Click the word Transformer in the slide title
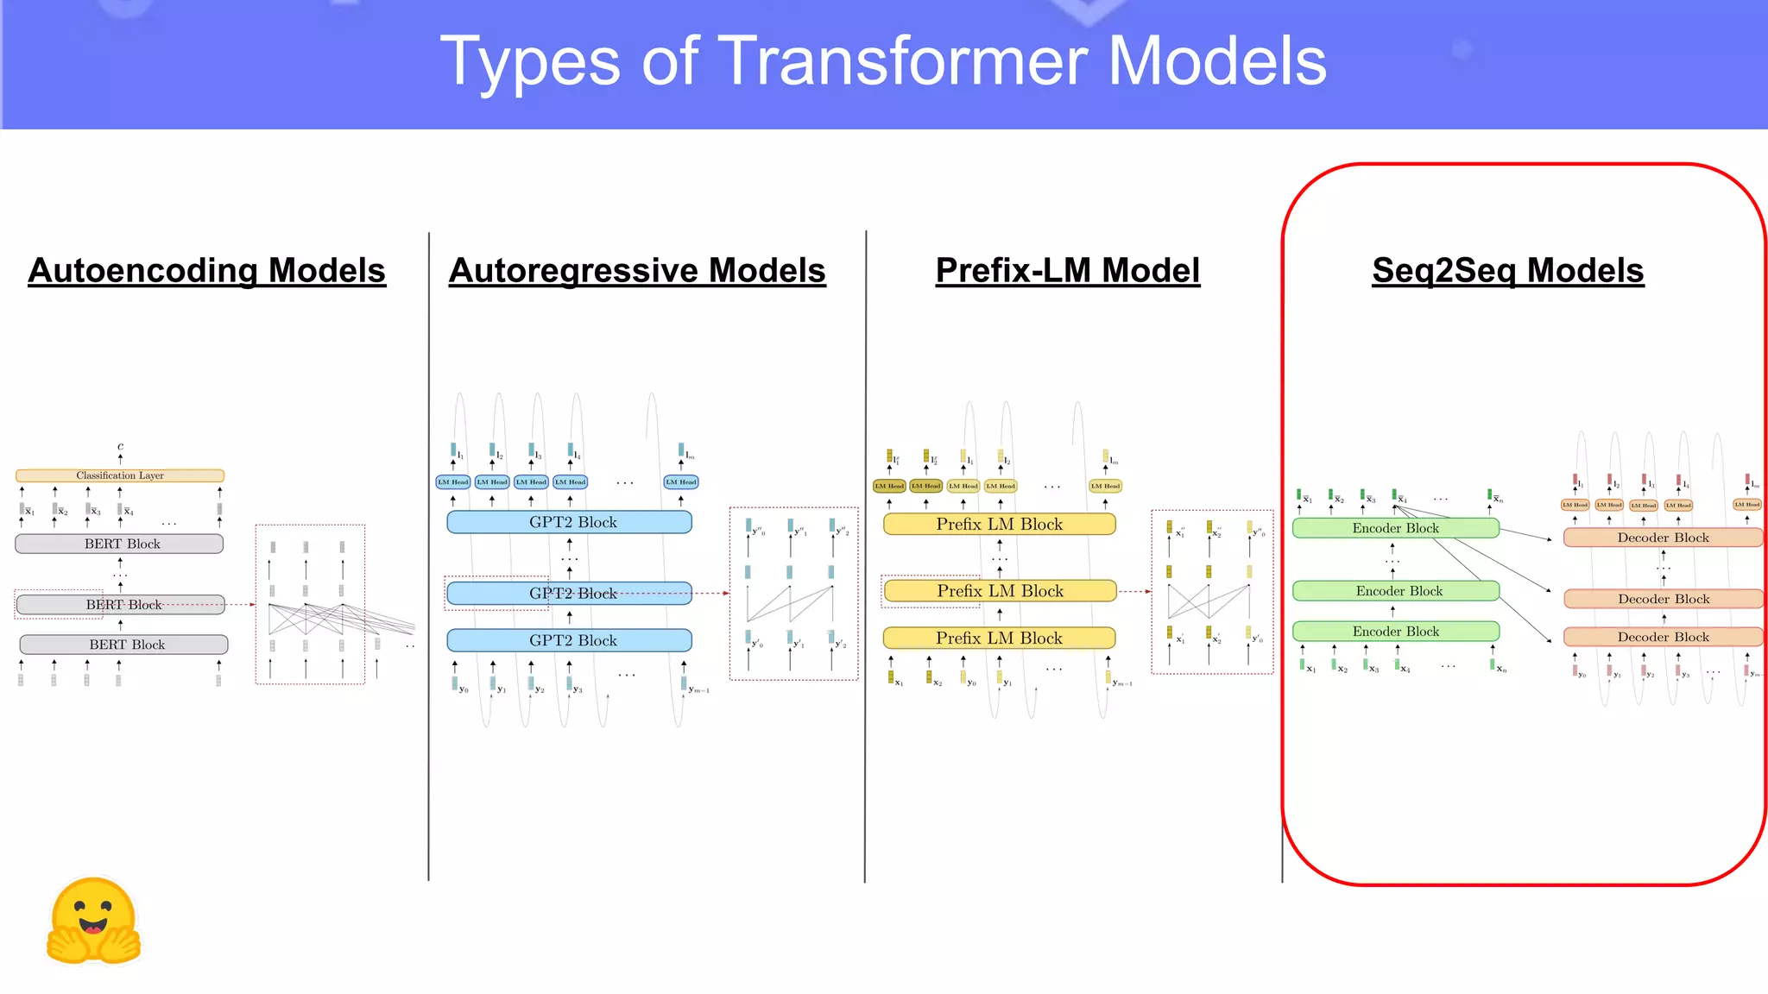pyautogui.click(x=902, y=62)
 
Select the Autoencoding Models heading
pyautogui.click(x=206, y=271)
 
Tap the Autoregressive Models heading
pyautogui.click(x=637, y=271)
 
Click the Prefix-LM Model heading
pyautogui.click(x=1067, y=271)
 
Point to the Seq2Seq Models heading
pyautogui.click(x=1507, y=271)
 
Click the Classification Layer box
pyautogui.click(x=120, y=475)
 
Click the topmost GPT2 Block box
pyautogui.click(x=570, y=522)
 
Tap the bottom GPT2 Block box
pyautogui.click(x=570, y=640)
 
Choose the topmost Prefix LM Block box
pyautogui.click(x=999, y=525)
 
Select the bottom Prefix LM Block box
pyautogui.click(x=999, y=639)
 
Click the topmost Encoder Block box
pyautogui.click(x=1395, y=528)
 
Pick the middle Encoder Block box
pyautogui.click(x=1396, y=591)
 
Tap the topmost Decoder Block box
pyautogui.click(x=1662, y=538)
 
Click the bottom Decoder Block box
pyautogui.click(x=1662, y=637)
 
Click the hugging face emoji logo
pyautogui.click(x=93, y=922)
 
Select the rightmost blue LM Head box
pyautogui.click(x=681, y=482)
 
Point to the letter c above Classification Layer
pyautogui.click(x=120, y=447)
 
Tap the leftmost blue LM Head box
pyautogui.click(x=453, y=482)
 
